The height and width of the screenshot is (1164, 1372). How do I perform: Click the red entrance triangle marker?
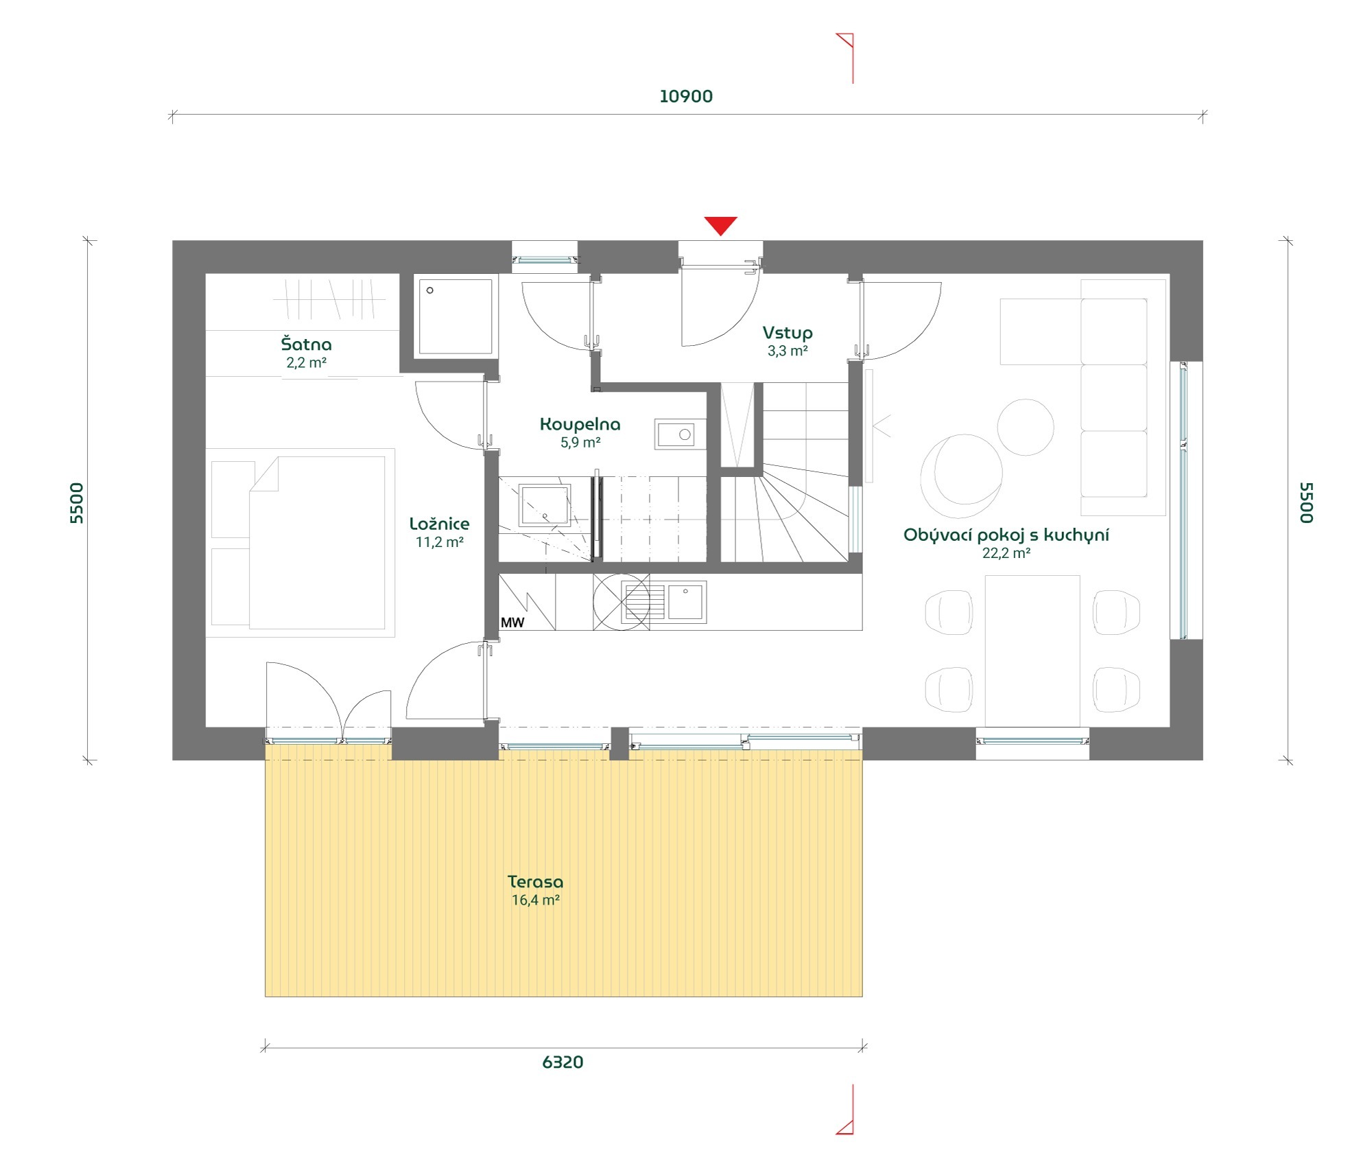pyautogui.click(x=720, y=225)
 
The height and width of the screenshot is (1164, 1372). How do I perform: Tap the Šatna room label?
pyautogui.click(x=306, y=344)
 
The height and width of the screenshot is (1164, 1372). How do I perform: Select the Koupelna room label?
pyautogui.click(x=580, y=424)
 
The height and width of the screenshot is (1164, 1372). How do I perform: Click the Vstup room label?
pyautogui.click(x=788, y=333)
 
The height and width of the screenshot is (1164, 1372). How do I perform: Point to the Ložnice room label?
pyautogui.click(x=440, y=524)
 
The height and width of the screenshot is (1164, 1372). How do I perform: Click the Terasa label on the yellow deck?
pyautogui.click(x=536, y=882)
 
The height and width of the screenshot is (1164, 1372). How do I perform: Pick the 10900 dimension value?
pyautogui.click(x=686, y=96)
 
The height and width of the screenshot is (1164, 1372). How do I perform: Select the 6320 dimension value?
pyautogui.click(x=563, y=1062)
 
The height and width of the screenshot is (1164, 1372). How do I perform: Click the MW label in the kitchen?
pyautogui.click(x=512, y=622)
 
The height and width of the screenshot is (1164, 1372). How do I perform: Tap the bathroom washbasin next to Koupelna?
pyautogui.click(x=680, y=434)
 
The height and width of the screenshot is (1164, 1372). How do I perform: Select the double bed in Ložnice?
pyautogui.click(x=300, y=543)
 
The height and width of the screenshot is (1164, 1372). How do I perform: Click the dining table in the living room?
pyautogui.click(x=1032, y=651)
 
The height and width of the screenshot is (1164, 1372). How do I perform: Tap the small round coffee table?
pyautogui.click(x=1026, y=428)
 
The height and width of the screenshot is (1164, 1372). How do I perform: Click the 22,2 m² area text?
pyautogui.click(x=1006, y=553)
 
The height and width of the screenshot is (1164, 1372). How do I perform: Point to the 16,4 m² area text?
pyautogui.click(x=536, y=900)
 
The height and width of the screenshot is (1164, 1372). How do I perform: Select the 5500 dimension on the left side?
pyautogui.click(x=77, y=503)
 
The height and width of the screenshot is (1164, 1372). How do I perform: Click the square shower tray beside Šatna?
pyautogui.click(x=456, y=316)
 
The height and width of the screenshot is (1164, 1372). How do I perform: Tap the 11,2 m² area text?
pyautogui.click(x=440, y=542)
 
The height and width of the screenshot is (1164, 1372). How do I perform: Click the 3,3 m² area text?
pyautogui.click(x=788, y=351)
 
